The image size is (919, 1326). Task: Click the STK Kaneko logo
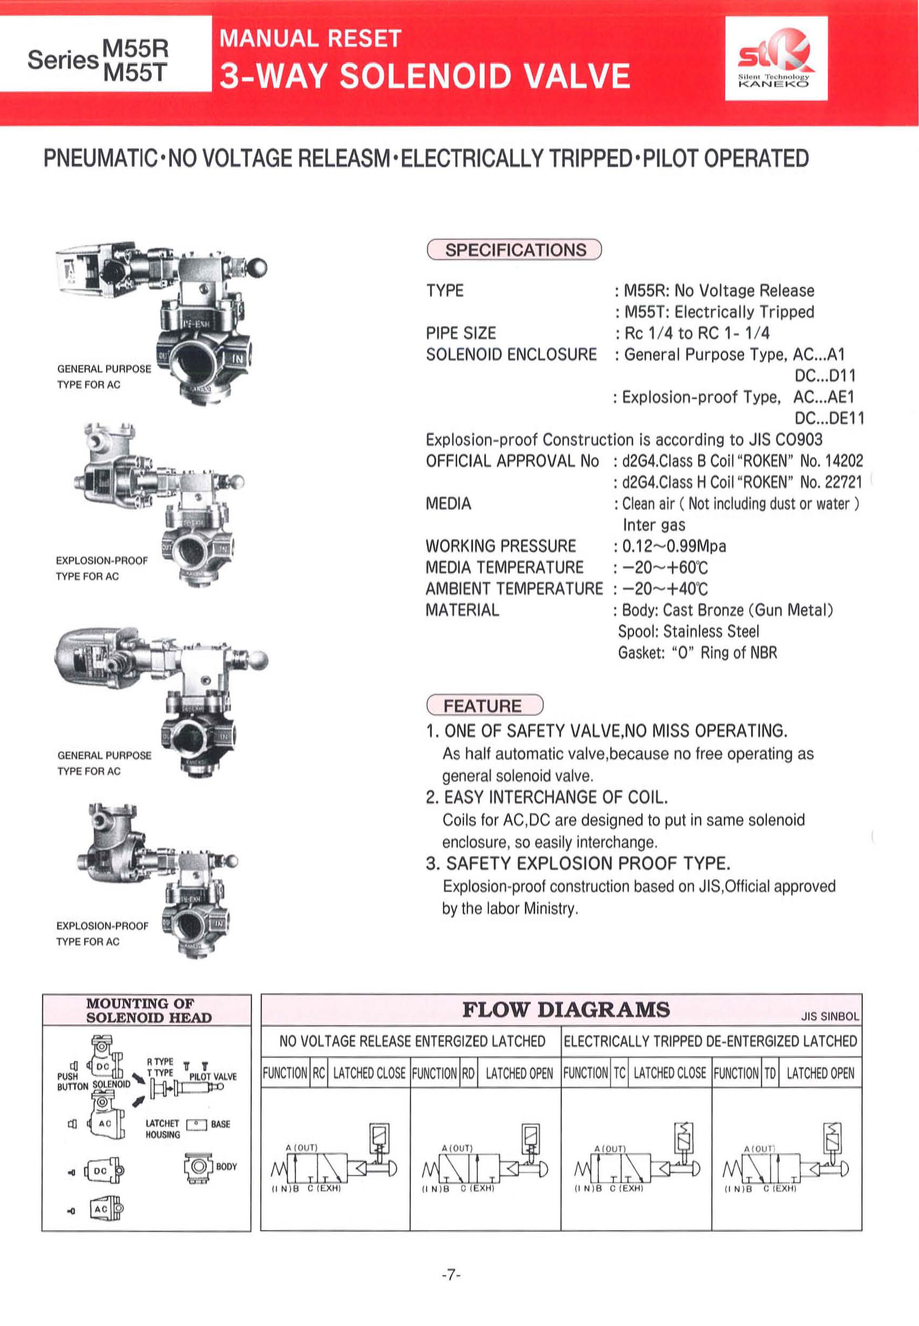point(776,58)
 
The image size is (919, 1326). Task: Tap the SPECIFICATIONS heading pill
point(514,250)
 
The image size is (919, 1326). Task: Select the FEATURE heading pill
point(484,705)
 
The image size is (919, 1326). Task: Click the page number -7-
point(451,1275)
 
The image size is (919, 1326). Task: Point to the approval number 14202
point(844,461)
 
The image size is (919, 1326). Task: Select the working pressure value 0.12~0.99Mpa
point(674,546)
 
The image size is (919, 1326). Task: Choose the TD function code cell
point(770,1073)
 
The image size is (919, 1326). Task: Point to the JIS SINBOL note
point(829,1016)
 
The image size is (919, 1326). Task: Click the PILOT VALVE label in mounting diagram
point(212,1076)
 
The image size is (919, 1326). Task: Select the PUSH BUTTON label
point(72,1081)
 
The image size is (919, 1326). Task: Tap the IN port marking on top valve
point(237,359)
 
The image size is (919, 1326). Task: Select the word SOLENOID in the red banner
point(426,76)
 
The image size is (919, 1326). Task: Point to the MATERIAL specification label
point(462,610)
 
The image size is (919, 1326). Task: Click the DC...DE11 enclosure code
point(829,418)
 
